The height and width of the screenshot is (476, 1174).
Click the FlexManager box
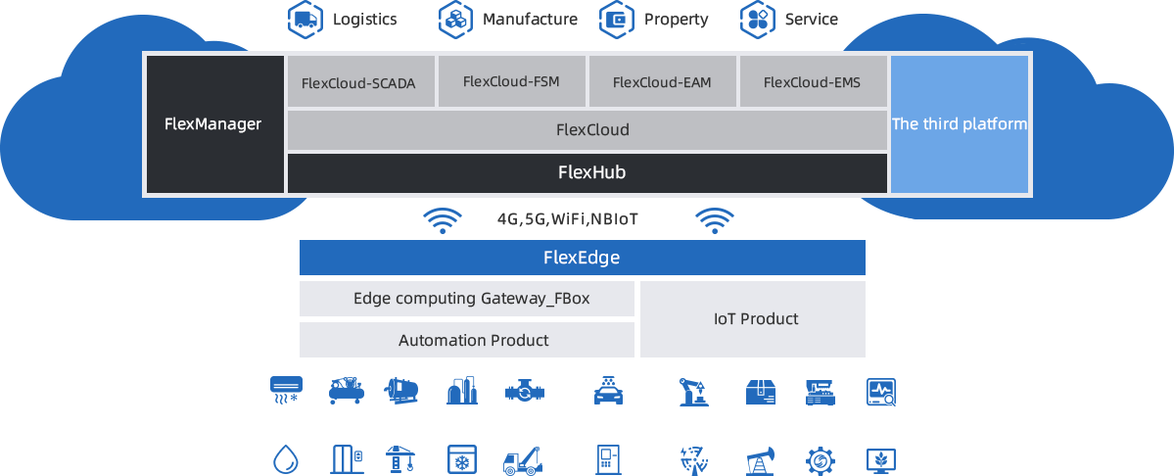212,124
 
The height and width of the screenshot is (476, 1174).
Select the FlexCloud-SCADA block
358,82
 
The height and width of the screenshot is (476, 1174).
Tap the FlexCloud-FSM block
511,81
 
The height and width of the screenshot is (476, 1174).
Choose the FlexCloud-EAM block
661,81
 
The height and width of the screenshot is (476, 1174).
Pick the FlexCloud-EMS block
812,81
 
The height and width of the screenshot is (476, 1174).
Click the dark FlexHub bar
587,173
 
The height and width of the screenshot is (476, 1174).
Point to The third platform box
959,124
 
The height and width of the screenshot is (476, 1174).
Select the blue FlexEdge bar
582,259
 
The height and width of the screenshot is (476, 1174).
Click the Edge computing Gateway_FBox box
466,299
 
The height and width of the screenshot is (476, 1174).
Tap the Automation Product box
466,340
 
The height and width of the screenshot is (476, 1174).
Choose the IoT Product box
752,319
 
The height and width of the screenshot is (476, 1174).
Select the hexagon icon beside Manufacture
455,18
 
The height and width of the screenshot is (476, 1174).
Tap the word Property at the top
676,19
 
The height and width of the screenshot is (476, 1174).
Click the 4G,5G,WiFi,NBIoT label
567,219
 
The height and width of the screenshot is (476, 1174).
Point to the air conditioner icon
286,392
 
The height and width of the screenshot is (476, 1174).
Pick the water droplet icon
286,458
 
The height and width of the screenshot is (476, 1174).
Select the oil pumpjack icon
760,458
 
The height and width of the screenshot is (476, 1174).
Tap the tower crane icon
402,458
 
